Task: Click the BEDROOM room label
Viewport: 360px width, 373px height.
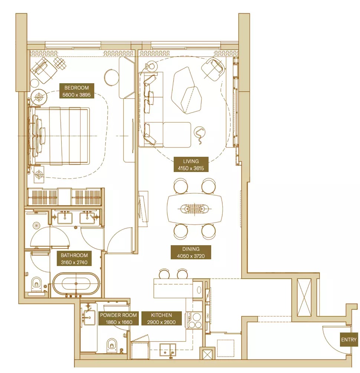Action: (77, 91)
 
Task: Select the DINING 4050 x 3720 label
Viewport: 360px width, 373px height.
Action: (191, 252)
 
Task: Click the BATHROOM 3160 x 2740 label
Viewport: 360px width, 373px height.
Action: (74, 259)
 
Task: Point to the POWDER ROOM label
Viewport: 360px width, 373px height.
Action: (118, 318)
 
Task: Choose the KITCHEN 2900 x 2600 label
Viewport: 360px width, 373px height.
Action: (161, 318)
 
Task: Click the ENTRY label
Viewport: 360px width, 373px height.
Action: (349, 340)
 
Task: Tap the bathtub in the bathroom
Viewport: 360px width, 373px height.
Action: (76, 285)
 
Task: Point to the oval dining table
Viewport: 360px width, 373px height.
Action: (195, 209)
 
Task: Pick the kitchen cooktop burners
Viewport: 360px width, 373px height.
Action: (194, 320)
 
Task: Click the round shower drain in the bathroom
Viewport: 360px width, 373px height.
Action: (36, 225)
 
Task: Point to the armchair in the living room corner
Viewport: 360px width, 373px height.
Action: (213, 69)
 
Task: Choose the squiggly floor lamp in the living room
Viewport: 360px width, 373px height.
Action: (200, 135)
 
